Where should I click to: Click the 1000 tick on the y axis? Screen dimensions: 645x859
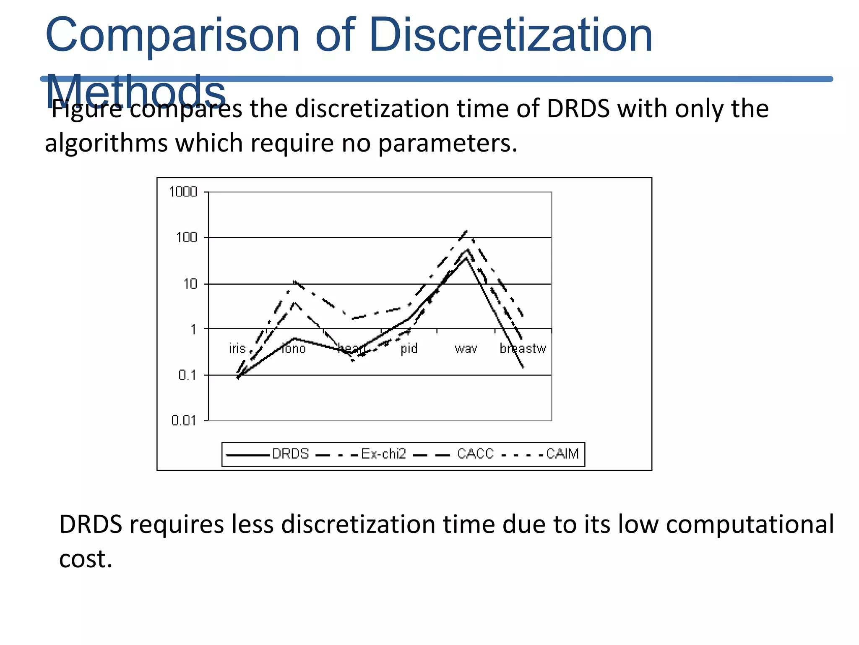183,192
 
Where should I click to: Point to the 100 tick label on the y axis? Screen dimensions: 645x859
186,238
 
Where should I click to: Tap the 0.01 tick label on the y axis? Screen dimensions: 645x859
184,420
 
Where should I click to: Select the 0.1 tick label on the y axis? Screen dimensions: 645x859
187,375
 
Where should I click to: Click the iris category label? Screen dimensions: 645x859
237,349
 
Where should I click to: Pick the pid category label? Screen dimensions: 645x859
409,349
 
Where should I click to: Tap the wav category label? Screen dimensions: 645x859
466,349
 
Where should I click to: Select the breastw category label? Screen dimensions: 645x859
523,349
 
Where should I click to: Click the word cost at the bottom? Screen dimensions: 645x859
85,559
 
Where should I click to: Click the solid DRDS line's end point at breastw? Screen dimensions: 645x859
523,367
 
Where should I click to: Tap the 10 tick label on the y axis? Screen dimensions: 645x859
190,284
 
